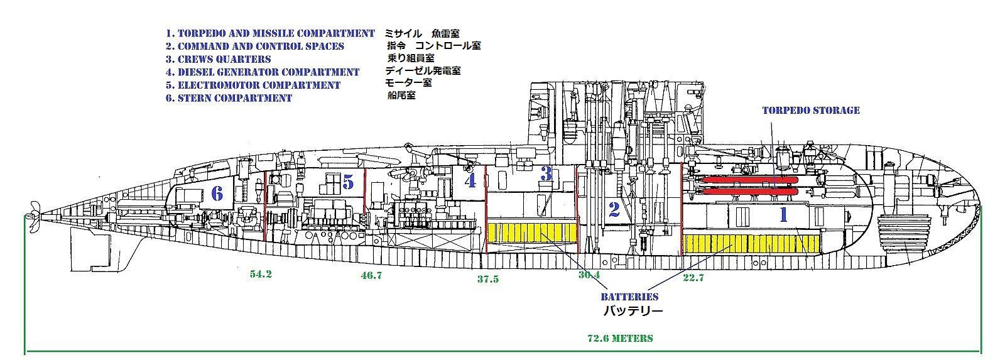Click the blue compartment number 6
click(x=217, y=194)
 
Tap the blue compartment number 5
click(x=349, y=182)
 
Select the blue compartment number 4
click(x=470, y=181)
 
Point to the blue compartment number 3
click(x=546, y=173)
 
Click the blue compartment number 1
click(x=783, y=215)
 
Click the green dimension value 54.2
click(x=260, y=274)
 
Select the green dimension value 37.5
click(x=487, y=279)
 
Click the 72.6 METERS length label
click(x=620, y=338)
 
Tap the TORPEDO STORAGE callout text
click(x=810, y=110)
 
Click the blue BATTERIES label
click(x=629, y=297)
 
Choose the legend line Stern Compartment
click(x=229, y=98)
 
